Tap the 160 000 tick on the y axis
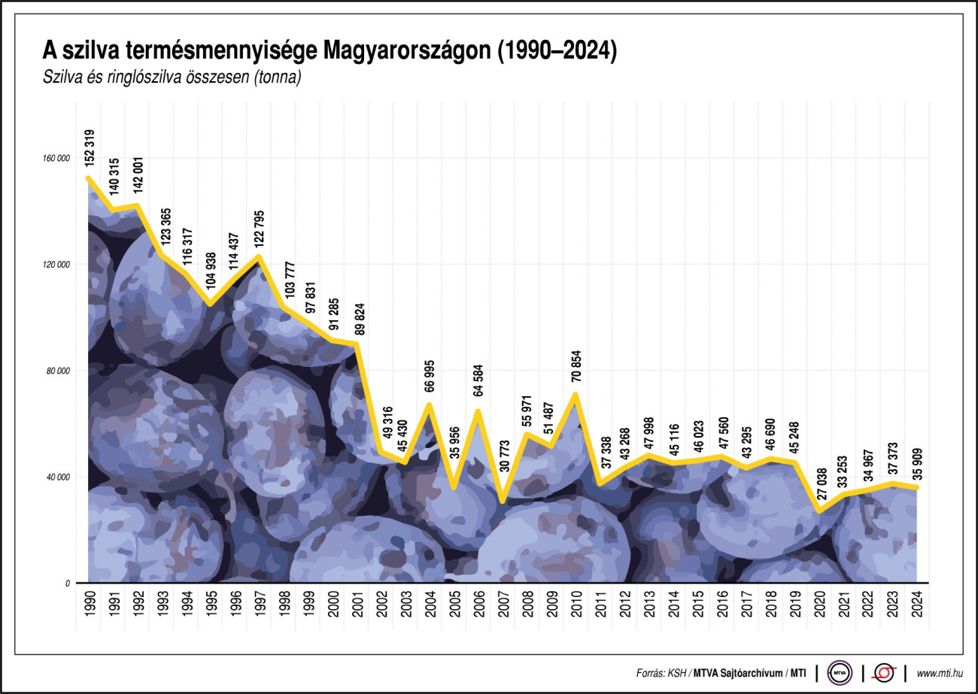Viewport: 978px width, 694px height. click(x=56, y=159)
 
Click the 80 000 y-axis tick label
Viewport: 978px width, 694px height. click(x=58, y=371)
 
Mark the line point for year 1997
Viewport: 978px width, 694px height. click(x=258, y=257)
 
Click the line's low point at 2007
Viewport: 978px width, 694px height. click(x=503, y=501)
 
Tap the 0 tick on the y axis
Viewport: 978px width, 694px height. click(x=67, y=583)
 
